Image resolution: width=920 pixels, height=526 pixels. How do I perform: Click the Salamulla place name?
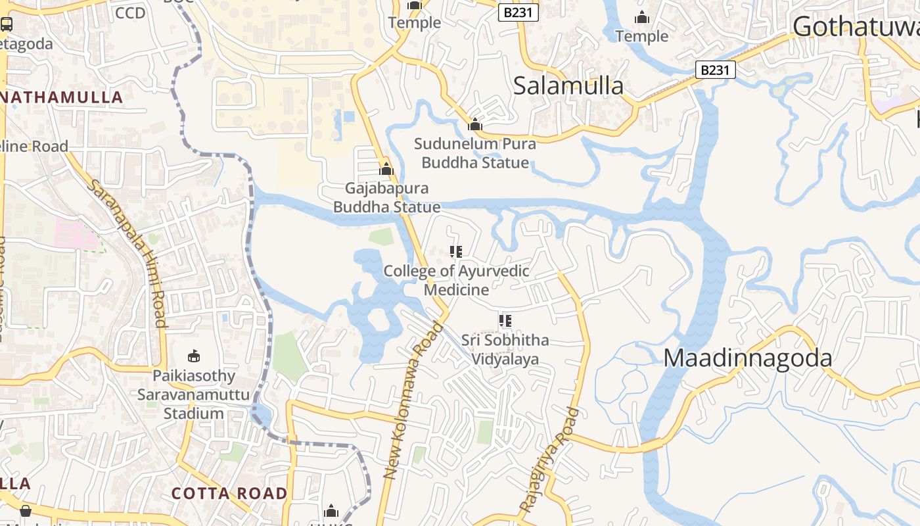point(568,85)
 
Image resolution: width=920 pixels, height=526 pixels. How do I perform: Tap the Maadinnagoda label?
point(748,358)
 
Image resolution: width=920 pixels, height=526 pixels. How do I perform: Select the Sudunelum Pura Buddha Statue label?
point(475,153)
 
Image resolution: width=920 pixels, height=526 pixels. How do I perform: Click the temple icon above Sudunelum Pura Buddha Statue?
point(475,124)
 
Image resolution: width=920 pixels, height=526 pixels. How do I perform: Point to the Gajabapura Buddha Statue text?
point(386,198)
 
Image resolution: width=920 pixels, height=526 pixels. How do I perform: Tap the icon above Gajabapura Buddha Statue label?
point(386,169)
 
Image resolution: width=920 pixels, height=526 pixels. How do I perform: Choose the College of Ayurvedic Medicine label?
point(456,280)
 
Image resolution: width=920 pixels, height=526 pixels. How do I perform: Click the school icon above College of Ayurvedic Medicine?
point(456,251)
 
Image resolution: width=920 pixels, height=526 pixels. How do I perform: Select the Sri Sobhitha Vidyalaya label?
point(505,350)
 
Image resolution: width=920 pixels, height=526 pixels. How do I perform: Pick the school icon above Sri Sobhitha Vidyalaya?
point(505,321)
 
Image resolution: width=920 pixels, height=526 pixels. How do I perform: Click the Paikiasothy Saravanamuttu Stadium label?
point(193,394)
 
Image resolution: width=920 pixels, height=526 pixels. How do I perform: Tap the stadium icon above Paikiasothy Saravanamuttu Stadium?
point(193,356)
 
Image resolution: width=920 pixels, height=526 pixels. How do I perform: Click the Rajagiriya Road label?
point(549,460)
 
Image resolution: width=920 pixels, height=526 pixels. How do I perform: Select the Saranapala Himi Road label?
point(127,253)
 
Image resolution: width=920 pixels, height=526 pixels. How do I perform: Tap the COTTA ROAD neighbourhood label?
point(229,493)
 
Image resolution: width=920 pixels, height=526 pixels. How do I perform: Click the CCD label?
point(129,12)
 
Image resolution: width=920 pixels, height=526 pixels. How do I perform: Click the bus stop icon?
point(7,24)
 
